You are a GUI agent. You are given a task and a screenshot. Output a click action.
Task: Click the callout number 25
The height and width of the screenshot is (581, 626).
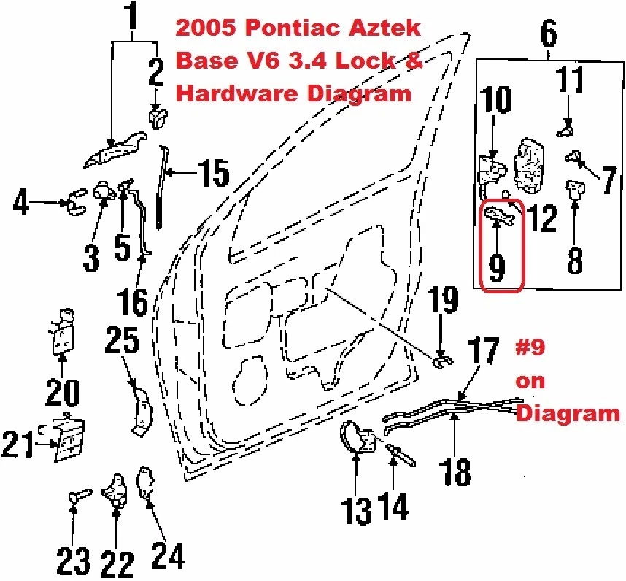[x=123, y=341]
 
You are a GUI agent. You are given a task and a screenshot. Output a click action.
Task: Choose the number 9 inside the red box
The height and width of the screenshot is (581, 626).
[x=497, y=267]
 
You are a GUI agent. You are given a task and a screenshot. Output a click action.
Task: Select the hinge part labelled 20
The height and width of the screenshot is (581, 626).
[x=63, y=332]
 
